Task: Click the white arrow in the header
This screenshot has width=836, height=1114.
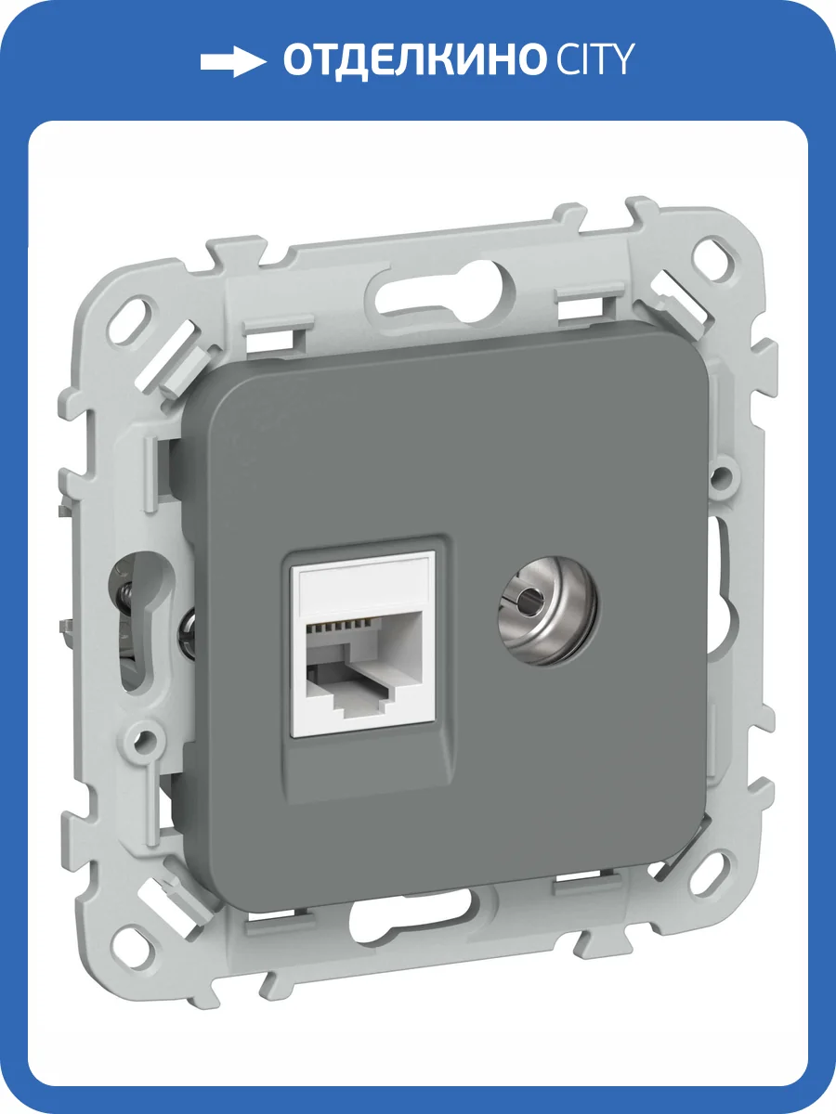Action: tap(232, 62)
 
